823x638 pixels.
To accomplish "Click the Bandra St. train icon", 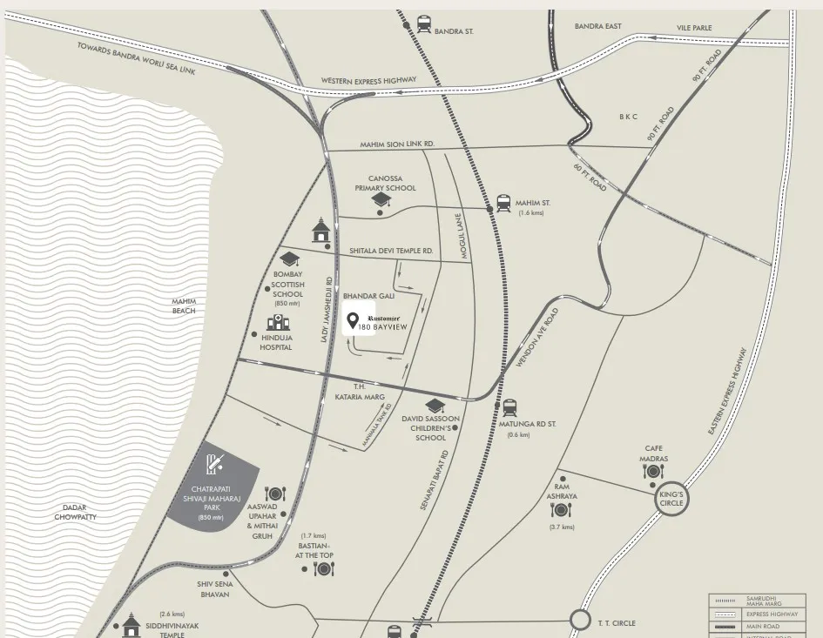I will (x=424, y=24).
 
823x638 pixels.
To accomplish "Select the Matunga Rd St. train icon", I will (x=509, y=407).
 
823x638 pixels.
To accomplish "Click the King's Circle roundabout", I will (x=671, y=500).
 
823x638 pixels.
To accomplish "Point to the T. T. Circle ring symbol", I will (x=580, y=621).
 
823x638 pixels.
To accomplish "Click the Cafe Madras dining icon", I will (x=653, y=472).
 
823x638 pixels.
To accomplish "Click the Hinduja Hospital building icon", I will (x=271, y=322).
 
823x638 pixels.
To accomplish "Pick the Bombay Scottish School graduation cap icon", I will (x=288, y=258).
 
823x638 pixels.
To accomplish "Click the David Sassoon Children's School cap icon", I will (x=434, y=406).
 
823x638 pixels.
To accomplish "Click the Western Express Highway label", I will (x=368, y=80).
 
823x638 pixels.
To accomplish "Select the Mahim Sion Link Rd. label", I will (x=397, y=144).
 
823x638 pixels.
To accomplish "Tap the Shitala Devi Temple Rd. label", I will (x=391, y=251).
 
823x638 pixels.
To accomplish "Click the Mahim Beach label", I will (x=184, y=306).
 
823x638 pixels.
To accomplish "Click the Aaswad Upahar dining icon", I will (x=274, y=494).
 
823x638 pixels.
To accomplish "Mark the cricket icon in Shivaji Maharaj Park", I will (x=215, y=465).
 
